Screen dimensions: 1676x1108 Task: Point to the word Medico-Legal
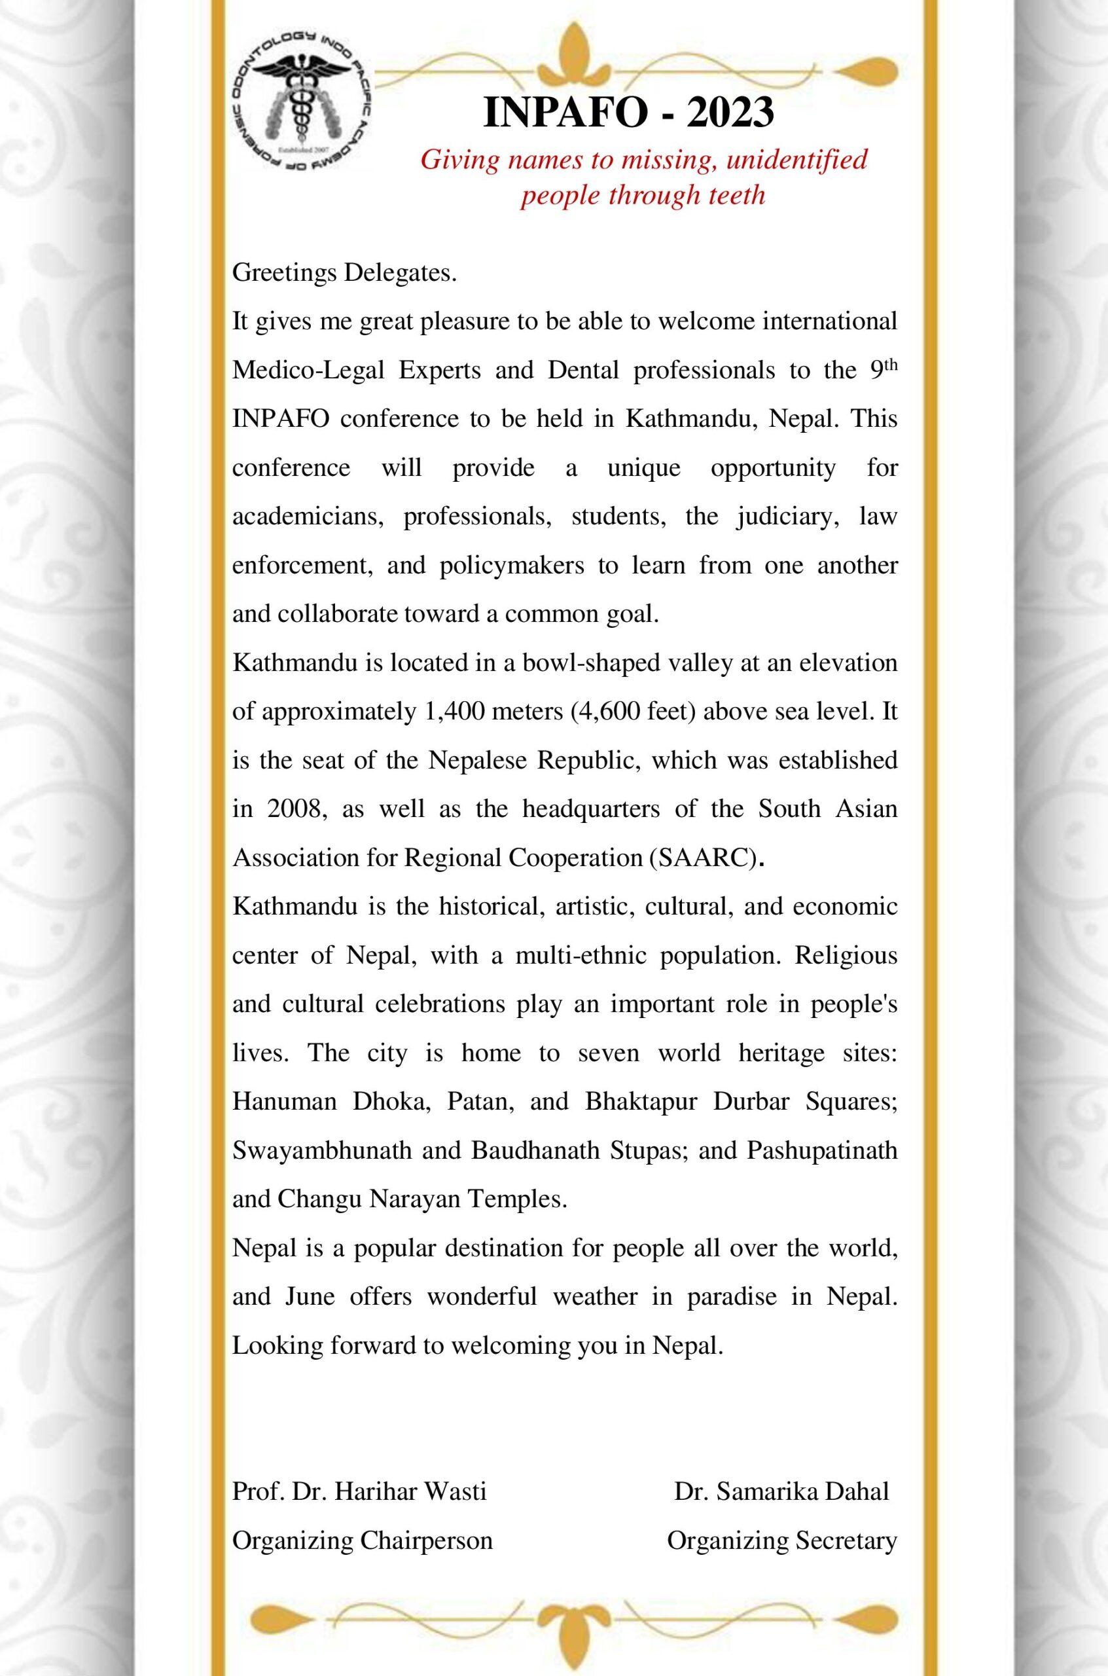308,371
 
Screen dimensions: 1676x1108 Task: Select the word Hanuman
284,1101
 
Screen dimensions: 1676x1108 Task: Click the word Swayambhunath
322,1150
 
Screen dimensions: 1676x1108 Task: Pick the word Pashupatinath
822,1150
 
